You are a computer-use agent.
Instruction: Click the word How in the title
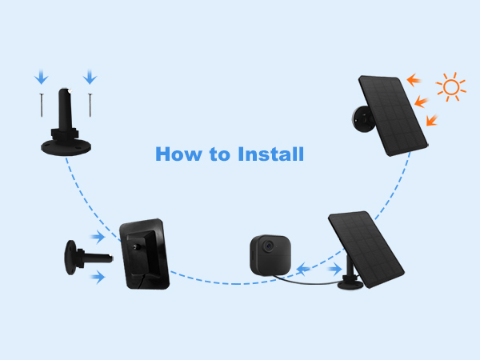pyautogui.click(x=176, y=154)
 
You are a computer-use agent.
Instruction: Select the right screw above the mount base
pyautogui.click(x=90, y=102)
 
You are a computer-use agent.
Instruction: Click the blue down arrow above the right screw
pyautogui.click(x=90, y=77)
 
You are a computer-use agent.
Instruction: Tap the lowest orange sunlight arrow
pyautogui.click(x=432, y=120)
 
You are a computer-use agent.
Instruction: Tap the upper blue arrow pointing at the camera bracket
pyautogui.click(x=98, y=237)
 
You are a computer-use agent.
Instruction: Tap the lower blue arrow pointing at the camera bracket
pyautogui.click(x=98, y=277)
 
